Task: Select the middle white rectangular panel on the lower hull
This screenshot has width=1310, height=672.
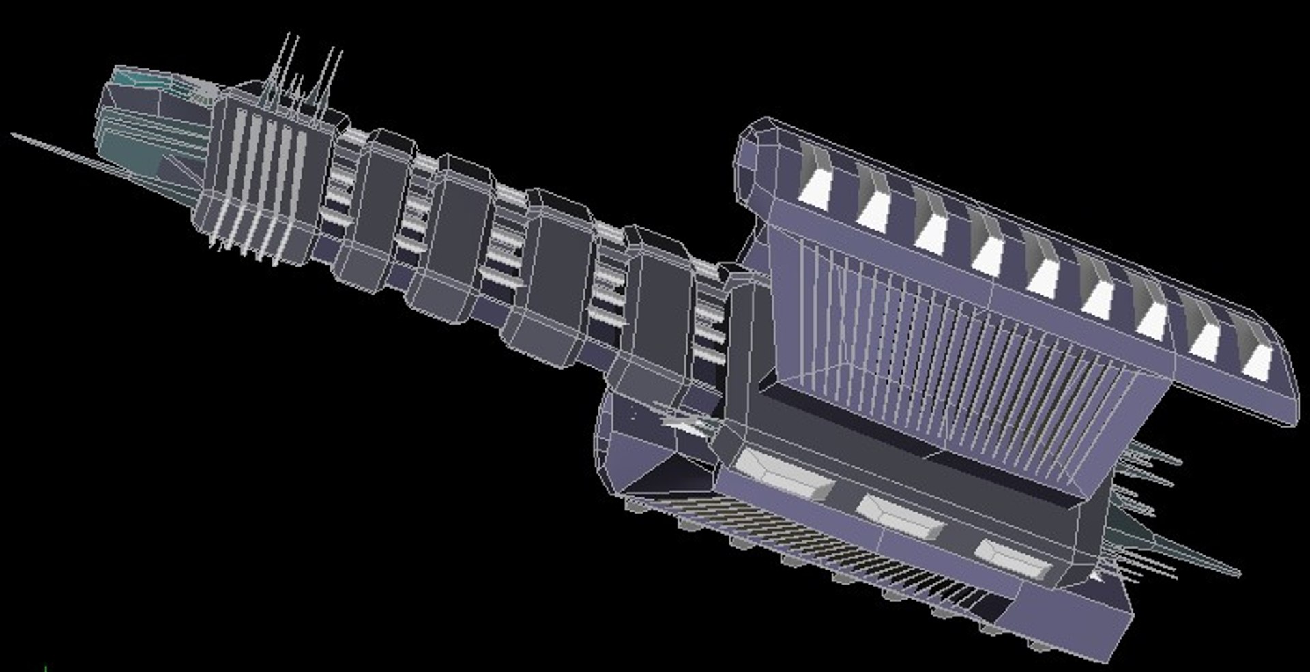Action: [x=901, y=517]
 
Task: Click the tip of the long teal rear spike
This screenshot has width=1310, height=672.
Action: [x=1238, y=574]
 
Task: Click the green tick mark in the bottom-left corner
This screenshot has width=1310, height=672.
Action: [x=46, y=668]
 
